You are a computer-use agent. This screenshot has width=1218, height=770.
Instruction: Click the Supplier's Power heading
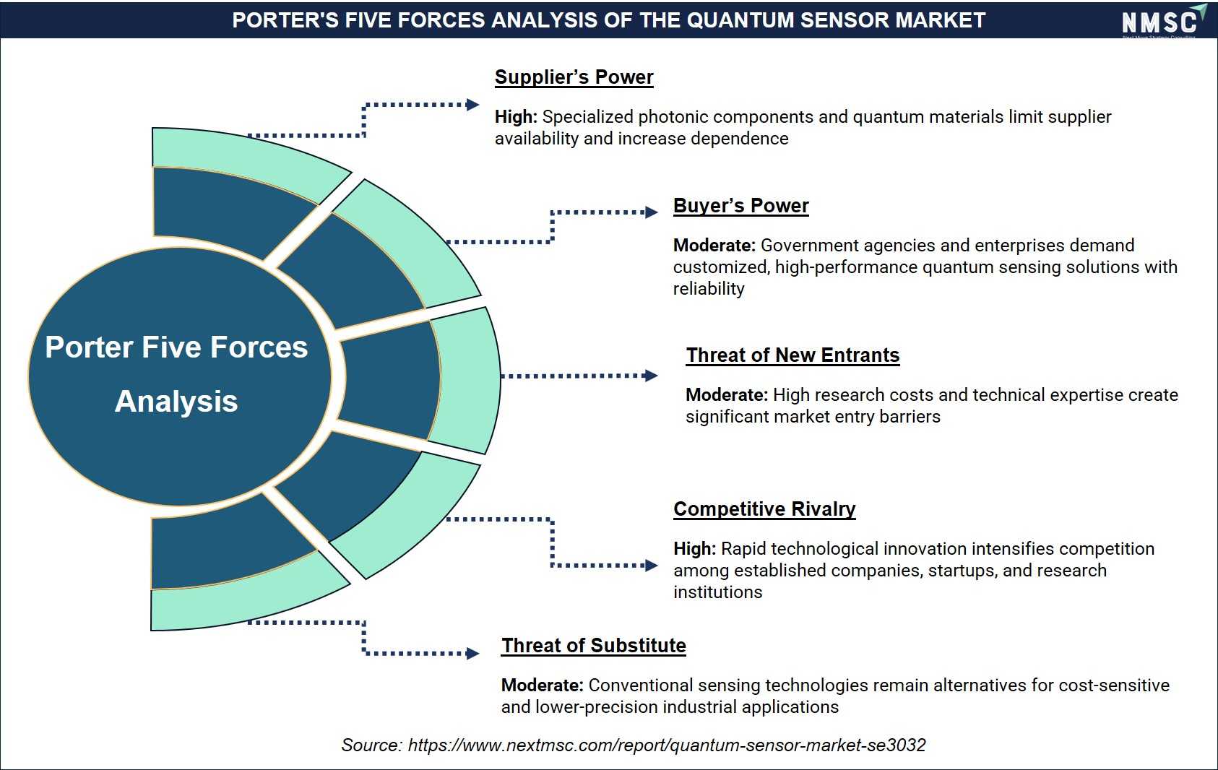click(x=574, y=77)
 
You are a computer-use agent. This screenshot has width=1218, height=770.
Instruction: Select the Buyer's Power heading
click(x=740, y=206)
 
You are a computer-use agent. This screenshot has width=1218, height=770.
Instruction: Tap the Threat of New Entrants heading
click(x=792, y=355)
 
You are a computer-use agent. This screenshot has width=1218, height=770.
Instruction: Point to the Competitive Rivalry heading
click(x=764, y=509)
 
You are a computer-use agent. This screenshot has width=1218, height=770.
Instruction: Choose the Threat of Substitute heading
click(x=593, y=646)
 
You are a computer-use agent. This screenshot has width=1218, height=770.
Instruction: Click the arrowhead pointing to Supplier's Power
click(x=472, y=105)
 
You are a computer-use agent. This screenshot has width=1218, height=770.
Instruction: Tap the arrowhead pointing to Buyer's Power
click(x=652, y=212)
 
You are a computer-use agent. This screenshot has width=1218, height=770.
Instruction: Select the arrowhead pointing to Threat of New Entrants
click(x=652, y=375)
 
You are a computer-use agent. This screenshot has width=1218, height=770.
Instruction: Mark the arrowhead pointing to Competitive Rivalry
click(x=652, y=566)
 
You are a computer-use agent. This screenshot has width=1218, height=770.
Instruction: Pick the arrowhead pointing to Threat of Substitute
click(x=472, y=653)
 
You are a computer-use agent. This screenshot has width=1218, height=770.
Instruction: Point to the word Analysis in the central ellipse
click(x=176, y=402)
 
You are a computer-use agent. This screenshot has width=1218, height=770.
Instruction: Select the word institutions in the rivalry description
click(x=718, y=592)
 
